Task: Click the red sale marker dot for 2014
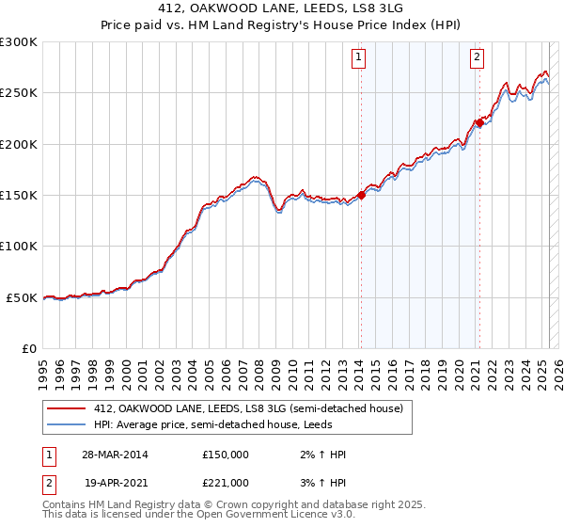coord(361,196)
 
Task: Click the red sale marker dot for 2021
coord(478,122)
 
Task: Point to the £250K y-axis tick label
coord(19,93)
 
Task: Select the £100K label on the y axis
coord(19,247)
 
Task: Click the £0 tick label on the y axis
coord(29,348)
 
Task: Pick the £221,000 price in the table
coord(226,483)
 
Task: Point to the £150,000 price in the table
coord(226,455)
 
